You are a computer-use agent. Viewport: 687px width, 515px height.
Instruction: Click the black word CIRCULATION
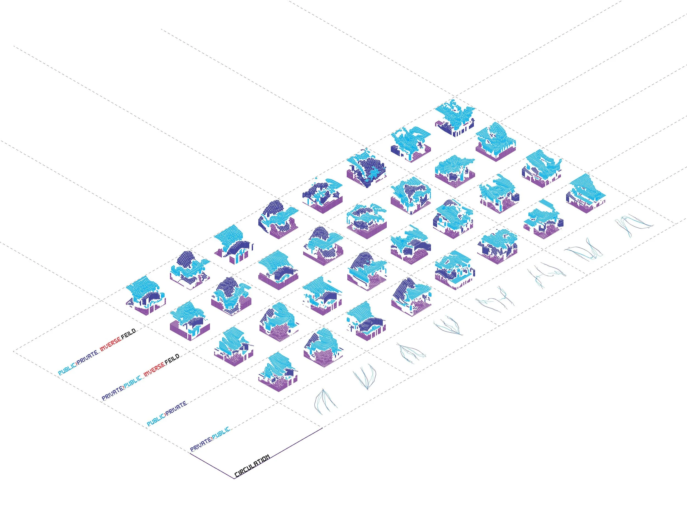(252, 466)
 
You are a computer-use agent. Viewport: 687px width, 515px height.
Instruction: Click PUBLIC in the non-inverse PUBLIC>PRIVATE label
(156, 420)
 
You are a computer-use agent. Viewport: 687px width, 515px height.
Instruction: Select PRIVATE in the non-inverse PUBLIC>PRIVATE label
(176, 408)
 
